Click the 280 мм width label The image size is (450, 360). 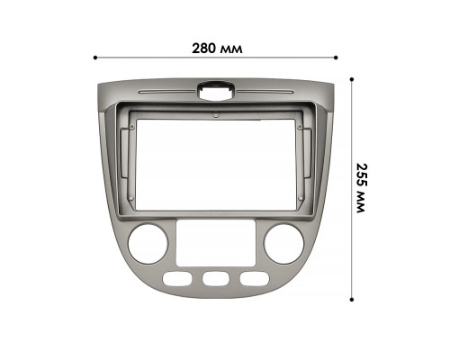(218, 45)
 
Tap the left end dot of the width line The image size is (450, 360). (95, 58)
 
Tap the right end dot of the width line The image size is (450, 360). (336, 58)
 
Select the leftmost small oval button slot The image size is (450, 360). (178, 279)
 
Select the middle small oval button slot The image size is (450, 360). (214, 279)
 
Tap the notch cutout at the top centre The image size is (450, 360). (216, 89)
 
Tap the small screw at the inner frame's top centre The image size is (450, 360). (214, 116)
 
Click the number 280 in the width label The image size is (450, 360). (206, 45)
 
